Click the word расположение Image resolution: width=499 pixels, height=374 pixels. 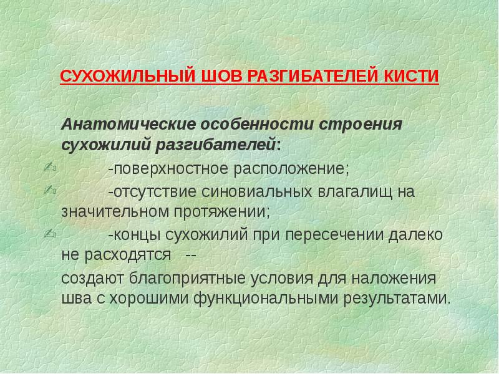[x=291, y=169]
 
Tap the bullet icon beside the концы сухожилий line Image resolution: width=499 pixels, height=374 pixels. [x=51, y=234]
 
